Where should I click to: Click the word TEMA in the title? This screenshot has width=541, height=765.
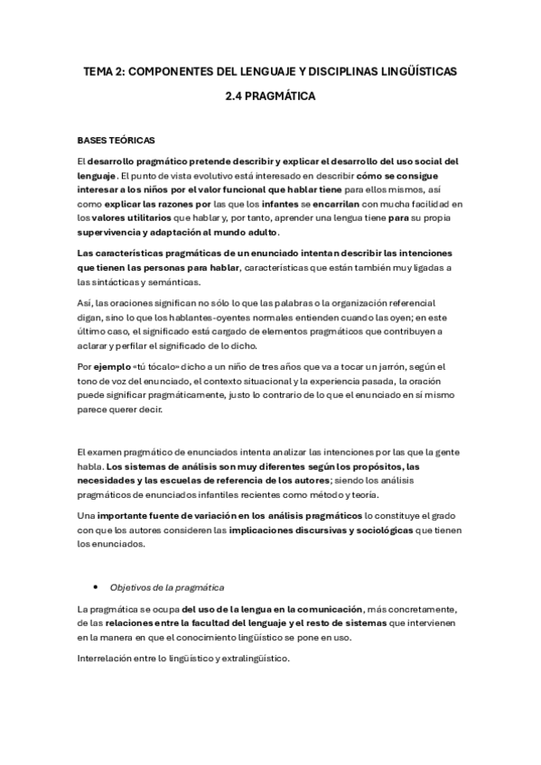[97, 69]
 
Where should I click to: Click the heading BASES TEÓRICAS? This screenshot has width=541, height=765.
[116, 141]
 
